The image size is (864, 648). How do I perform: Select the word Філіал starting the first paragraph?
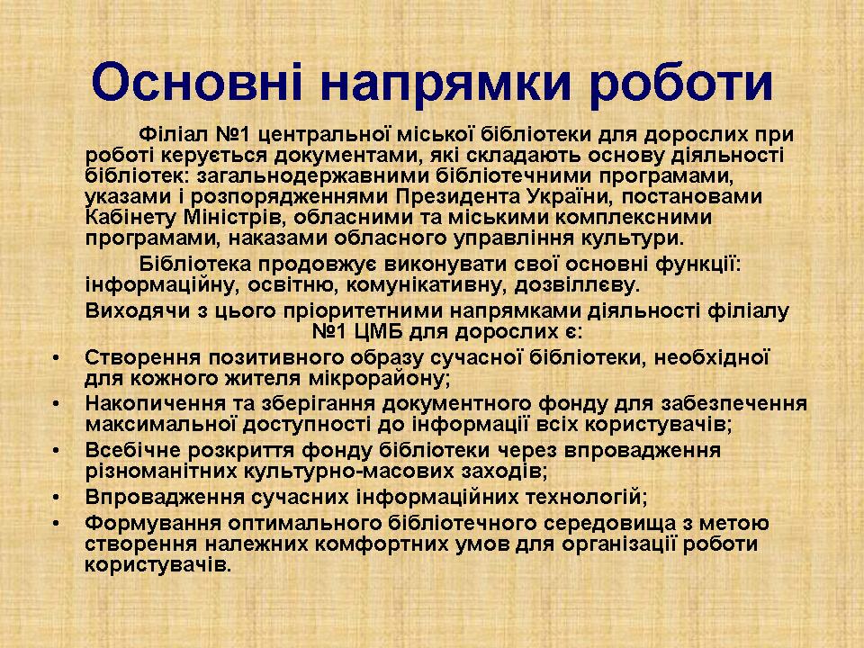click(x=174, y=134)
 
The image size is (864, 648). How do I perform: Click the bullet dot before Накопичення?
click(x=56, y=404)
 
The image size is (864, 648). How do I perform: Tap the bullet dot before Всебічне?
click(x=56, y=450)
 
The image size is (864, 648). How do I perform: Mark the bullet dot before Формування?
click(x=56, y=522)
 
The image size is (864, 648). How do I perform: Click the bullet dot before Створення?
click(x=56, y=357)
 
